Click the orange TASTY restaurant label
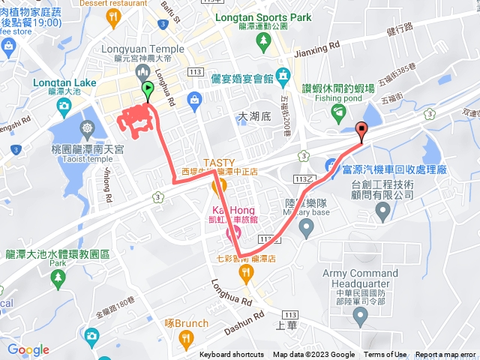218,162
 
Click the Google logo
28,349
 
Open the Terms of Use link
385,355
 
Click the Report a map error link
447,355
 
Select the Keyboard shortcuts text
232,355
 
